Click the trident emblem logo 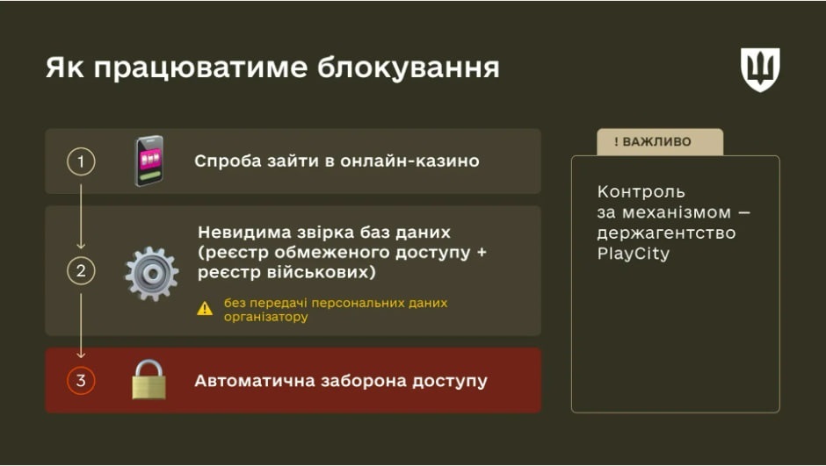pos(760,70)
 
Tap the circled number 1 pos(81,161)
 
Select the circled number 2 pos(81,271)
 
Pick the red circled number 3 pos(81,381)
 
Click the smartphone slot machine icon pos(149,161)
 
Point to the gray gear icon pos(151,273)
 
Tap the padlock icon pos(149,380)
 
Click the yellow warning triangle pos(205,308)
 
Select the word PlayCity pos(633,255)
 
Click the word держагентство pos(666,233)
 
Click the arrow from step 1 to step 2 pos(81,211)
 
